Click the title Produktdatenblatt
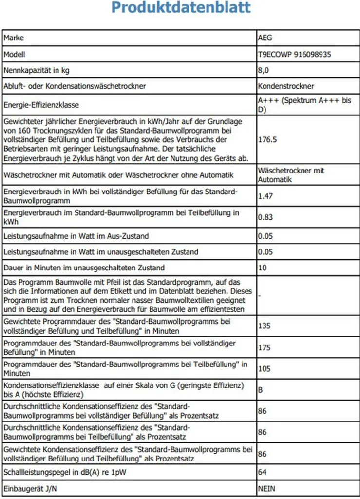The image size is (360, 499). [181, 8]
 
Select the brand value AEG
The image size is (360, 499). [265, 38]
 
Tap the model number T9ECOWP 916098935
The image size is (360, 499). [294, 54]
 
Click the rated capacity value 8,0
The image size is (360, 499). [264, 70]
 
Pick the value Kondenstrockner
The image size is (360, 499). [286, 86]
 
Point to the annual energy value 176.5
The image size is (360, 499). [267, 139]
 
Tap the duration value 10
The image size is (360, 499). [262, 268]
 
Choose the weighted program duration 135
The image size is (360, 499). [265, 326]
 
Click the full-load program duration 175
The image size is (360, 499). [265, 347]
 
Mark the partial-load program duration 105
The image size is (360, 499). [265, 369]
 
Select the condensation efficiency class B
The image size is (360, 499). [261, 390]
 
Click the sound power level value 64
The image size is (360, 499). [263, 472]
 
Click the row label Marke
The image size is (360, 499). [14, 38]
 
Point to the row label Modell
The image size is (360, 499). [14, 54]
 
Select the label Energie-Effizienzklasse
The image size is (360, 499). [41, 105]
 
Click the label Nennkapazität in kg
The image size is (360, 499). [37, 70]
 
